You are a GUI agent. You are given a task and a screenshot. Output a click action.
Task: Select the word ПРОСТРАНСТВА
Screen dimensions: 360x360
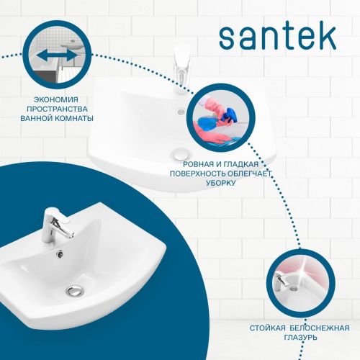click(x=60, y=108)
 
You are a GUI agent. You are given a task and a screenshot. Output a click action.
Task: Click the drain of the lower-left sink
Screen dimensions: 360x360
click(x=73, y=289)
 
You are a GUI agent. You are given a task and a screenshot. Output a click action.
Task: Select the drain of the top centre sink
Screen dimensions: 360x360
click(x=181, y=153)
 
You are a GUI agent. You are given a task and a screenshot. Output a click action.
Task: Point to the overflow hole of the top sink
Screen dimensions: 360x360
click(x=181, y=112)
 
